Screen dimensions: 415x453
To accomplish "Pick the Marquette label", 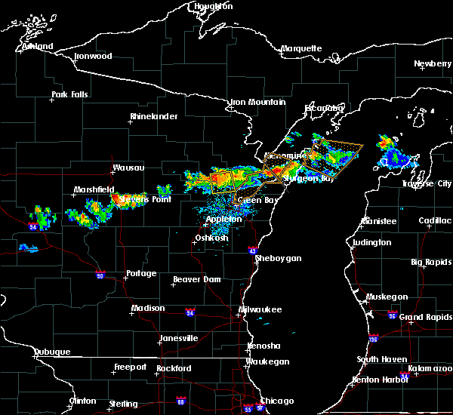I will coord(302,49).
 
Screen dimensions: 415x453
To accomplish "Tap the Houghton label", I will coord(213,6).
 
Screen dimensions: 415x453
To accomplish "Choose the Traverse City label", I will coord(428,183).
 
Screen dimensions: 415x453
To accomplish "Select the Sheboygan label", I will coord(278,258).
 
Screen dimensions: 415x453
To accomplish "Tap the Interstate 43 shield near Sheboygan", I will coord(253,250).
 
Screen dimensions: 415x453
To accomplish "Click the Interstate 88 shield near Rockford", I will coord(180,401).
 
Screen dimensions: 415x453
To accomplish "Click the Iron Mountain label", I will coord(258,102).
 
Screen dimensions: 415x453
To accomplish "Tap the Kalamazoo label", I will coord(430,368).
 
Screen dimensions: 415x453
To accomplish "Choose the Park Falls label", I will coord(69,95).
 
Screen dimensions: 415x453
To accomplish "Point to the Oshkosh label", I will coord(211,238).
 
